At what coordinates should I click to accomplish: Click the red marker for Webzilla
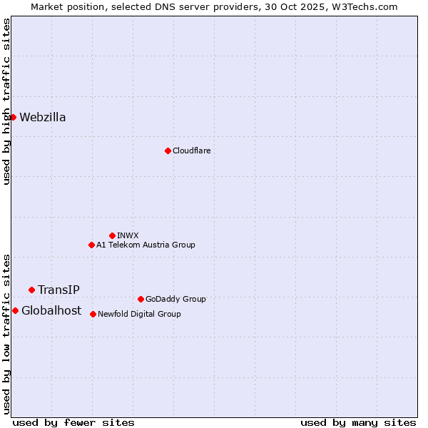(13, 117)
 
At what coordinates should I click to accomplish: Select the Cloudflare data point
(168, 151)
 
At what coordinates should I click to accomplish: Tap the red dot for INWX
(112, 235)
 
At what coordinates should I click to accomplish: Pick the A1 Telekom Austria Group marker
(91, 245)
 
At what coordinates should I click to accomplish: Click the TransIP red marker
(31, 290)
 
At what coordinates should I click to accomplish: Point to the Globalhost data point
(15, 310)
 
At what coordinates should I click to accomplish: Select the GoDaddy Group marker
(141, 299)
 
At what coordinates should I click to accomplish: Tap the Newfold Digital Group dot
(93, 314)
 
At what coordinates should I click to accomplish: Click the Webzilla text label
(43, 118)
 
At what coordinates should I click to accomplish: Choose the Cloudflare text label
(191, 151)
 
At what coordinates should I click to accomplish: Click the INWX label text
(128, 235)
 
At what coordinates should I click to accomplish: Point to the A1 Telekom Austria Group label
(146, 245)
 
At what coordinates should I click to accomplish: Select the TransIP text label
(58, 290)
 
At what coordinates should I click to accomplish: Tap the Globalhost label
(51, 310)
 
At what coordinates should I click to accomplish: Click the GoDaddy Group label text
(175, 299)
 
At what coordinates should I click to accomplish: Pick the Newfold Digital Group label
(139, 314)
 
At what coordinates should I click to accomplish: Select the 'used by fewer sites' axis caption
(73, 422)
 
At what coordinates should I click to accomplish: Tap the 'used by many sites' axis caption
(358, 422)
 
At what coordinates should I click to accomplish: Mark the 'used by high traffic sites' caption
(6, 101)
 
